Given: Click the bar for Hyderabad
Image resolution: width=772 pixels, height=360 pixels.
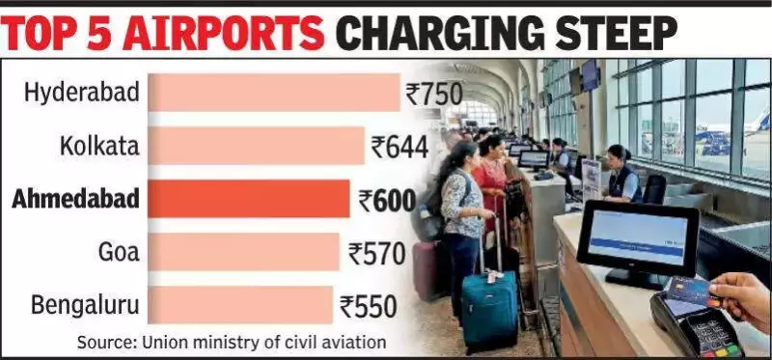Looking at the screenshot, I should pyautogui.click(x=275, y=94).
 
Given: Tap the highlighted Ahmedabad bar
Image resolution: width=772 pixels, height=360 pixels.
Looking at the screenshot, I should pyautogui.click(x=251, y=200).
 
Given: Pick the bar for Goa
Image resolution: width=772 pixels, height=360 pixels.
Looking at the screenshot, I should pyautogui.click(x=246, y=253).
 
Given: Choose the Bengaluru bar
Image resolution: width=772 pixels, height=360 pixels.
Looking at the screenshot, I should pyautogui.click(x=242, y=306).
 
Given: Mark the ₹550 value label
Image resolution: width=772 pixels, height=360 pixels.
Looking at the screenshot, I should pyautogui.click(x=369, y=307).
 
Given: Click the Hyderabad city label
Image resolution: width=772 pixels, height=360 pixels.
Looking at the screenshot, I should pyautogui.click(x=82, y=94).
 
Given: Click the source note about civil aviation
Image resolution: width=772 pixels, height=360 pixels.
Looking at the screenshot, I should pyautogui.click(x=232, y=341).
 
